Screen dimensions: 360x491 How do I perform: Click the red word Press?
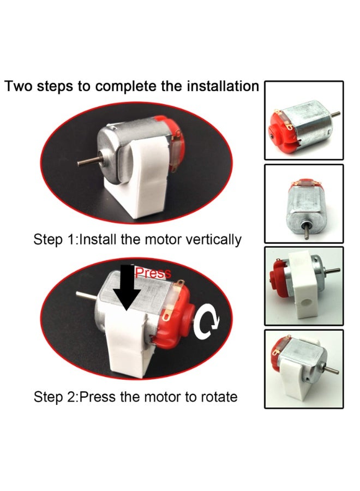click(x=153, y=273)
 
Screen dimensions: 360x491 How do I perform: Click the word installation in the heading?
click(x=223, y=86)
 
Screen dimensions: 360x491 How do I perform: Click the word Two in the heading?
click(x=19, y=86)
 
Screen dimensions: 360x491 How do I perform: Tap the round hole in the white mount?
click(x=305, y=303)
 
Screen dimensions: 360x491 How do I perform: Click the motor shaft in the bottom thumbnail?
click(x=332, y=370)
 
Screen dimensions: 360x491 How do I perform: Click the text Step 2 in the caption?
click(x=54, y=397)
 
